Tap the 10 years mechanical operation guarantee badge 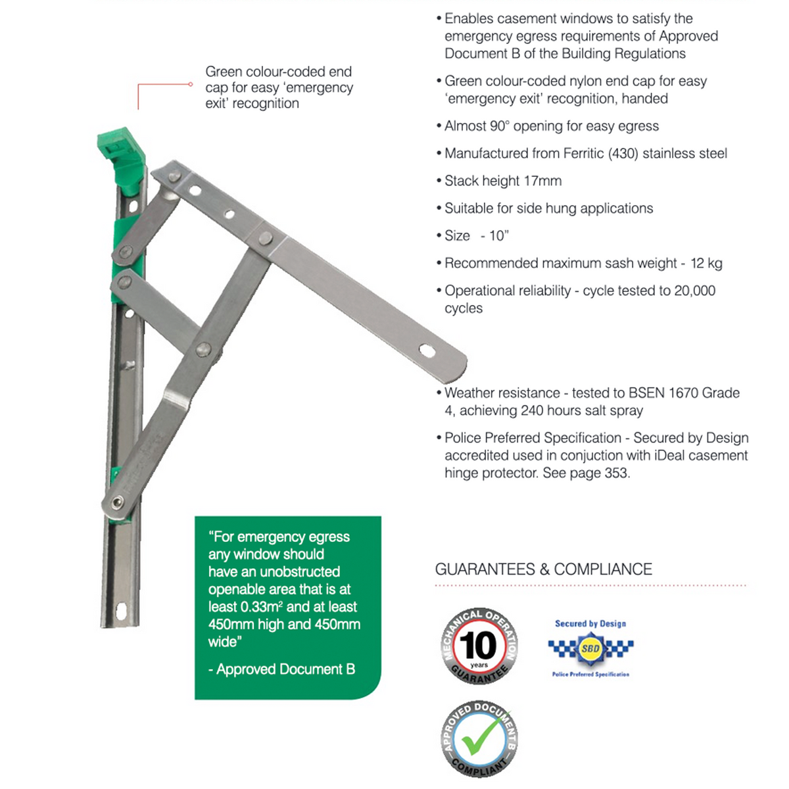[x=479, y=646]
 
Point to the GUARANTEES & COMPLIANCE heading [x=543, y=569]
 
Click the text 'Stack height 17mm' [x=503, y=181]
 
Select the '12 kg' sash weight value [x=706, y=264]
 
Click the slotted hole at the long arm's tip [x=427, y=350]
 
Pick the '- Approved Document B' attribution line [x=281, y=669]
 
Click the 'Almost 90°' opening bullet [x=551, y=126]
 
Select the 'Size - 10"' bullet [x=476, y=236]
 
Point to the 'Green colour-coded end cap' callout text [x=278, y=87]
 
